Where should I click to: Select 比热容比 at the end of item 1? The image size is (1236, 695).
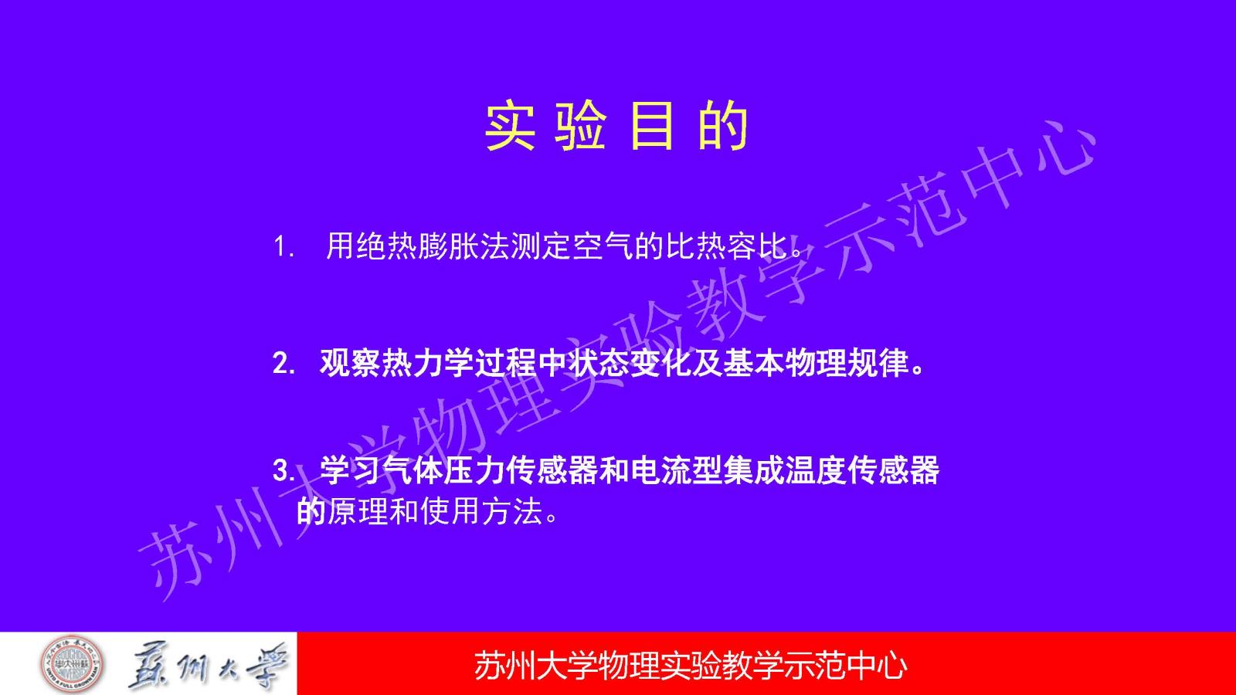725,246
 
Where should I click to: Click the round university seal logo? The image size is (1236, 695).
72,664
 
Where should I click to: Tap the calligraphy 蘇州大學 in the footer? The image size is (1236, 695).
208,666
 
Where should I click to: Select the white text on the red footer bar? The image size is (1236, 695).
691,666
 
